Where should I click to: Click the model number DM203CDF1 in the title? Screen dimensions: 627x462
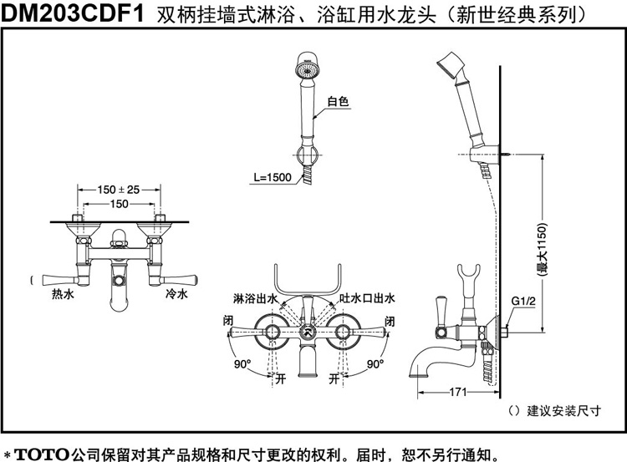tap(73, 13)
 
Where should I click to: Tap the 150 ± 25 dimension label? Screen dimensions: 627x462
tap(119, 190)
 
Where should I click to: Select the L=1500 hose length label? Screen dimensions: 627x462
tap(273, 177)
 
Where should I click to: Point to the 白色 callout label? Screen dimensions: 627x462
tap(338, 102)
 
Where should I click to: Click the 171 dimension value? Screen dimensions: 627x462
tap(458, 392)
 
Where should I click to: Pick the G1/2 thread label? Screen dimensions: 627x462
tap(523, 301)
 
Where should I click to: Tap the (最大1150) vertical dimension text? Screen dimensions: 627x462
tap(542, 250)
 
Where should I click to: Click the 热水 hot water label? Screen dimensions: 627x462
tap(63, 295)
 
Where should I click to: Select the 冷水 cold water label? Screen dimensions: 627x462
tap(176, 295)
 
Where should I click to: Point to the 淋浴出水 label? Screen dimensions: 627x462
tap(255, 298)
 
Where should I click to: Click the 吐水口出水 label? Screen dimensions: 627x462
tap(367, 298)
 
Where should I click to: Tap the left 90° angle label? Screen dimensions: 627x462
tap(242, 363)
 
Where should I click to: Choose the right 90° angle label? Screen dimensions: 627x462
tap(375, 363)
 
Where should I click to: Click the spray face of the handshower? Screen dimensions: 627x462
tap(307, 71)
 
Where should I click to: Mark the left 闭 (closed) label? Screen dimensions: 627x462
tap(228, 321)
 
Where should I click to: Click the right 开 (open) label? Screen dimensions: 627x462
tap(334, 378)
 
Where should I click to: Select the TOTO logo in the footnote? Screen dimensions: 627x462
tap(42, 454)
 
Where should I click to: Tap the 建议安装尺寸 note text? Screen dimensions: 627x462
tap(563, 410)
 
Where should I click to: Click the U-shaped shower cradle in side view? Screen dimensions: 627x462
tap(469, 276)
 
